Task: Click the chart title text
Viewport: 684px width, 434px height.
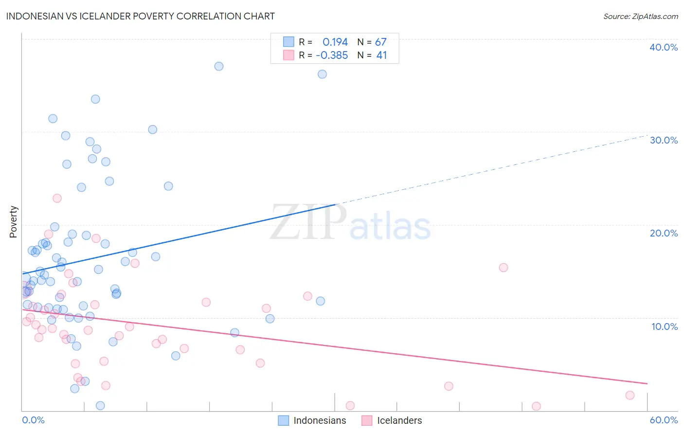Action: coord(140,16)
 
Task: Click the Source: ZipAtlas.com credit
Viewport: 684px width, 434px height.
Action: coord(640,16)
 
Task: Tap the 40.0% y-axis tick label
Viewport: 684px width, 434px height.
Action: coord(663,47)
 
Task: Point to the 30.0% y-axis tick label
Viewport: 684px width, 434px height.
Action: coord(663,140)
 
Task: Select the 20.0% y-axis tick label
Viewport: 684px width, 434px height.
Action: coord(663,233)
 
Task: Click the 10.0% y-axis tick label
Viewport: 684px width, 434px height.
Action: coord(664,326)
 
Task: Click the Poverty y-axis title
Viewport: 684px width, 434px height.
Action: coord(13,222)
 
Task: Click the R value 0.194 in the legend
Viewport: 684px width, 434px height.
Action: coord(335,42)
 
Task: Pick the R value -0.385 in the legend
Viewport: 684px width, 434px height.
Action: coord(332,55)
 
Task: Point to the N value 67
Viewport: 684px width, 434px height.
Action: coord(380,42)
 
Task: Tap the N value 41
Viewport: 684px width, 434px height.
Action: coord(381,55)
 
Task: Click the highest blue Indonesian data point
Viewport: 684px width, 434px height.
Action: coord(219,66)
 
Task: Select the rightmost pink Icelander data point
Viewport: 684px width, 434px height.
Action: coord(630,395)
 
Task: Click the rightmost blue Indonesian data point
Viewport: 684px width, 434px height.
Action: coord(322,74)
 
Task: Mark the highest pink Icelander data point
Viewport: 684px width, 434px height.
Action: coord(57,198)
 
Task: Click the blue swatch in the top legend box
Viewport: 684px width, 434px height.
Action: coord(288,42)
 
